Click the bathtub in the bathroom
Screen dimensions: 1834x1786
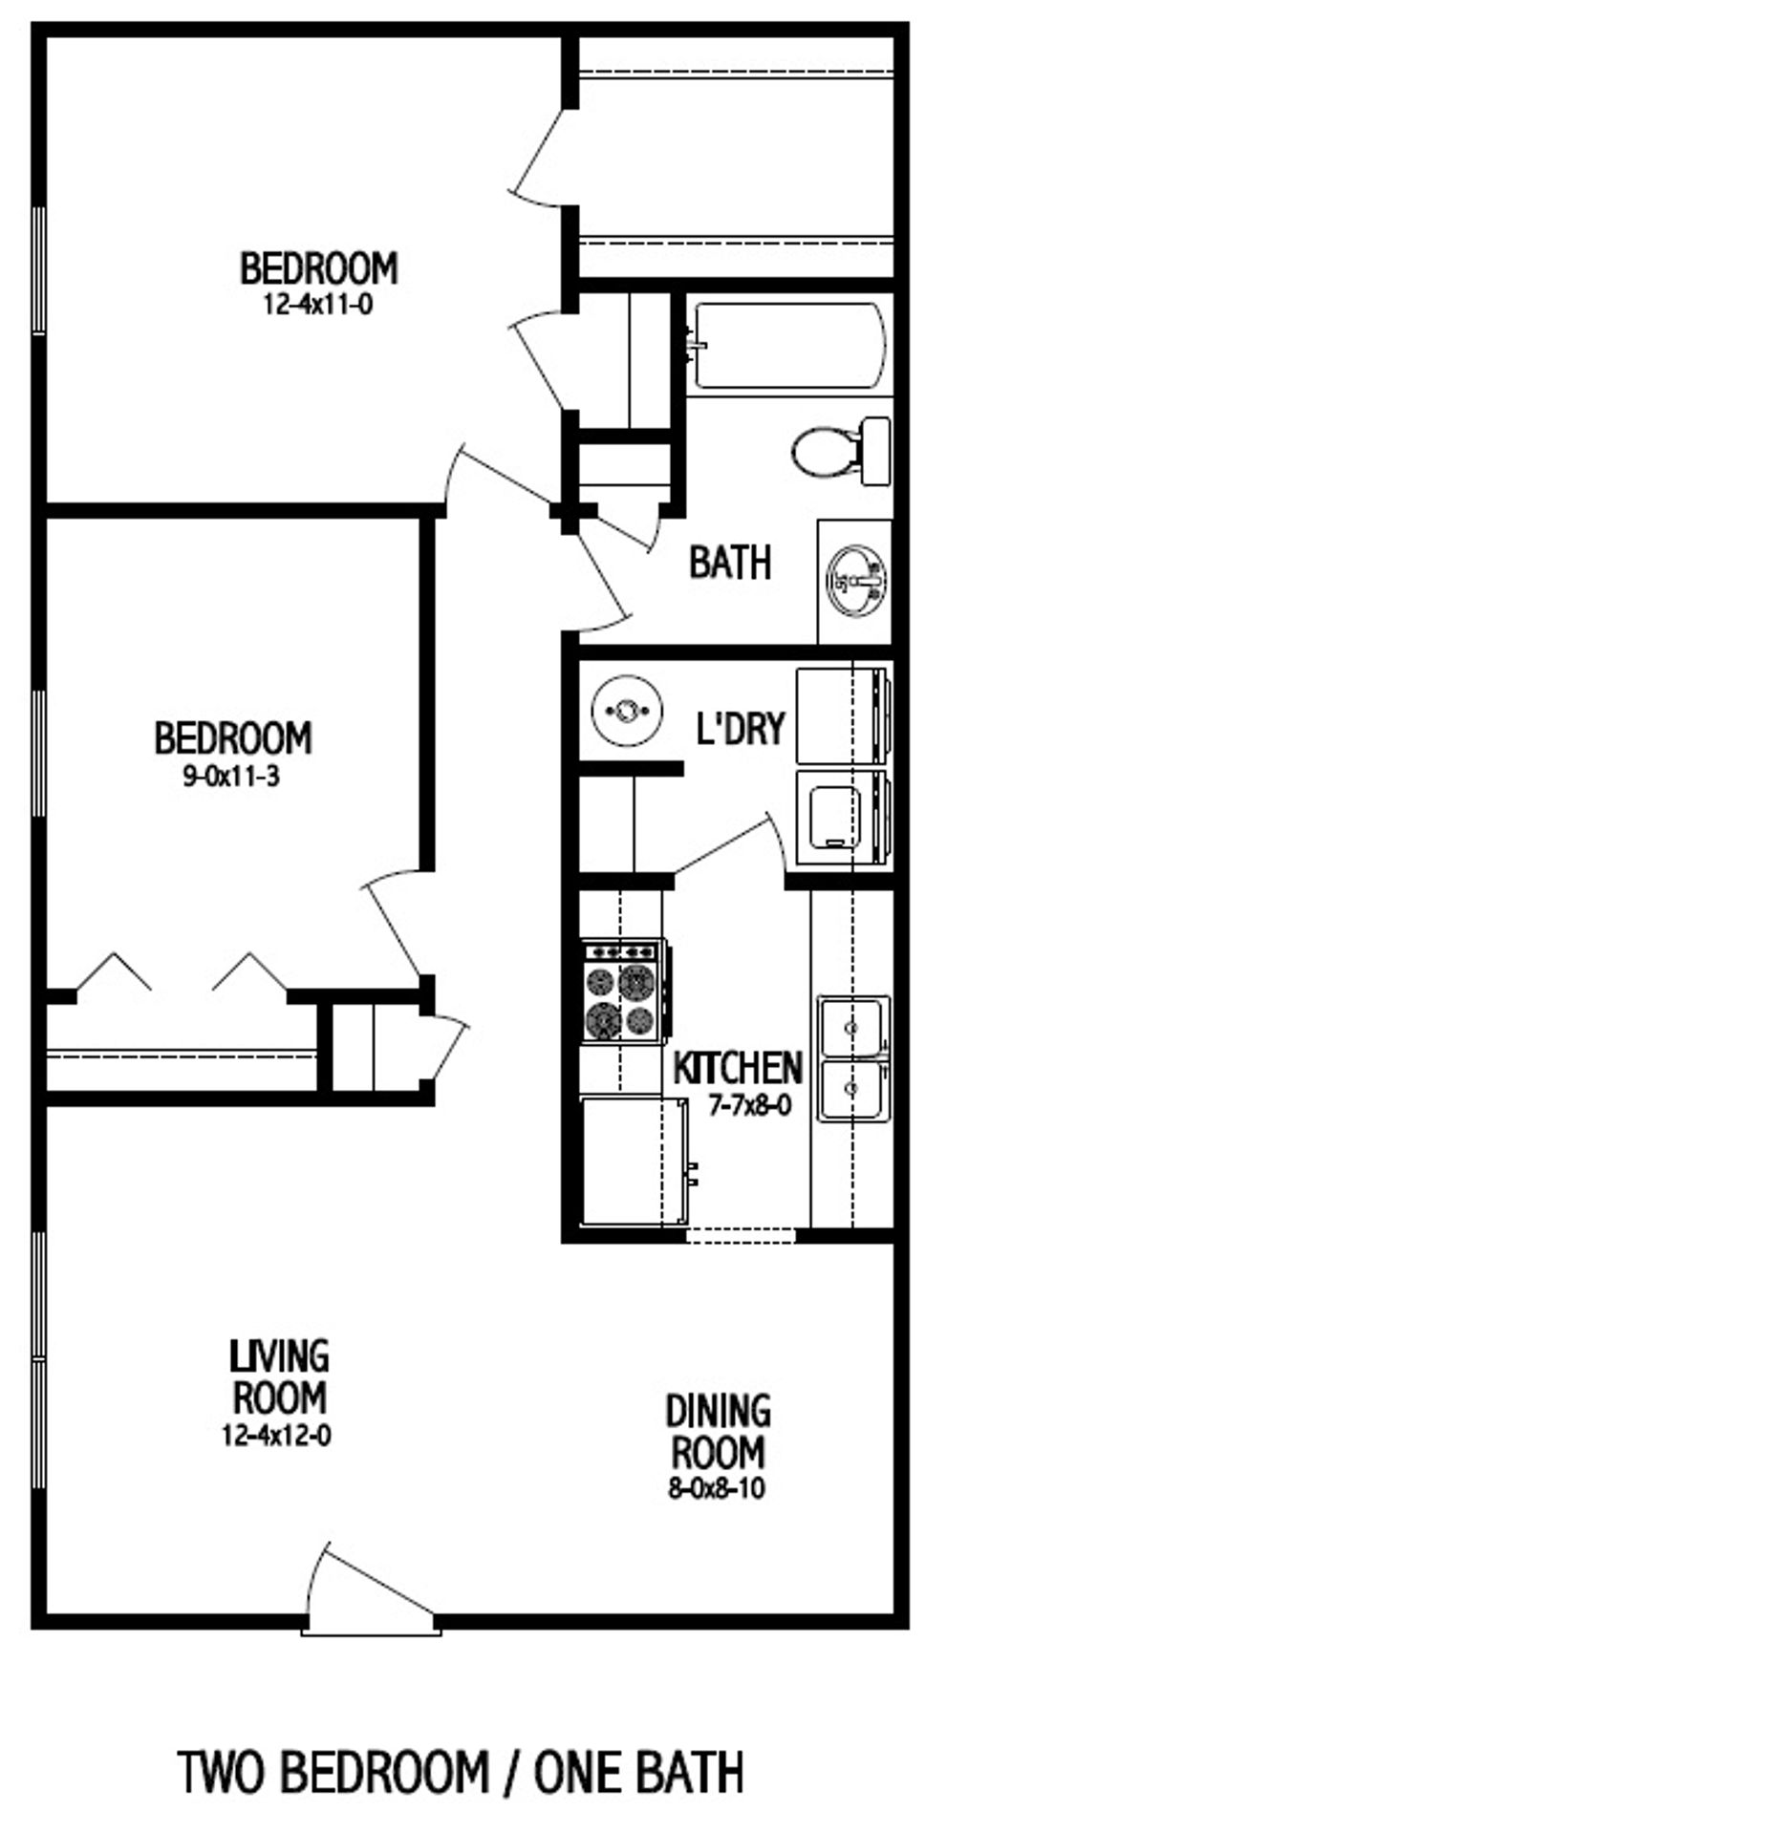click(789, 346)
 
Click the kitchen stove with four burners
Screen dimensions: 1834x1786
click(622, 991)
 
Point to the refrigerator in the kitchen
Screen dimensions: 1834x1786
click(633, 1161)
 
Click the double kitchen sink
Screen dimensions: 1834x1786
click(852, 1058)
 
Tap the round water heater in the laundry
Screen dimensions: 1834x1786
click(626, 711)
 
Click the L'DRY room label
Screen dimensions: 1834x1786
click(740, 729)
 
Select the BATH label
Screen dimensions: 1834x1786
click(730, 563)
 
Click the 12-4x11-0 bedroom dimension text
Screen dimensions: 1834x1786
click(318, 306)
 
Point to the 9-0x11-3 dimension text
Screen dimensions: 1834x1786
click(231, 777)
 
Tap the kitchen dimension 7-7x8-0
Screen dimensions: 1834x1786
click(749, 1106)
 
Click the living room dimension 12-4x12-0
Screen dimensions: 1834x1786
click(277, 1436)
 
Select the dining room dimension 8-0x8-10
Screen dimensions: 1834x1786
click(717, 1488)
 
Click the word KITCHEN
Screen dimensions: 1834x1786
click(738, 1068)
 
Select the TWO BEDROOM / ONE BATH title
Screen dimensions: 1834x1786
click(461, 1773)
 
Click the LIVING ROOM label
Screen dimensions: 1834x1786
click(279, 1377)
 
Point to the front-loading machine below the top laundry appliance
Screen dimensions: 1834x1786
click(841, 819)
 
